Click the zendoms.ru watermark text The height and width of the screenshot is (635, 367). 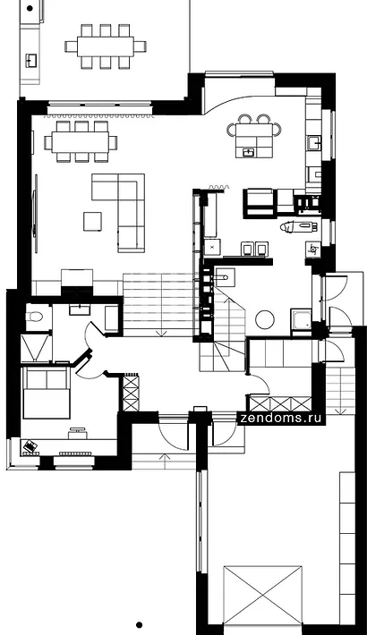click(x=281, y=418)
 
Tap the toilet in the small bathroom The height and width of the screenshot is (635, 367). click(x=33, y=317)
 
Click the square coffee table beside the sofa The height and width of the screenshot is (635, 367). click(x=92, y=221)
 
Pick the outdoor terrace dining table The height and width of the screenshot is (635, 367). click(x=106, y=47)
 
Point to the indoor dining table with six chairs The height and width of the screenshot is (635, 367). click(x=81, y=141)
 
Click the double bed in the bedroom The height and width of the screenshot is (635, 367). click(x=47, y=394)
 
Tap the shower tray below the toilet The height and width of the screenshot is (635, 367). click(x=36, y=348)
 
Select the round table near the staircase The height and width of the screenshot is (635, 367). click(x=265, y=319)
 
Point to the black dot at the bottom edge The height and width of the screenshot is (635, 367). click(x=139, y=625)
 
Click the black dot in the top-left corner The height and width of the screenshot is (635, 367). click(x=30, y=8)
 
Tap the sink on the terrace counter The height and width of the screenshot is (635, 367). click(x=31, y=60)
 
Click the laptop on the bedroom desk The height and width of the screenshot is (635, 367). click(x=30, y=446)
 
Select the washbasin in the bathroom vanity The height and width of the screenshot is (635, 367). click(x=82, y=309)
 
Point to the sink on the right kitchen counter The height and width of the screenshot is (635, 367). click(x=314, y=143)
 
